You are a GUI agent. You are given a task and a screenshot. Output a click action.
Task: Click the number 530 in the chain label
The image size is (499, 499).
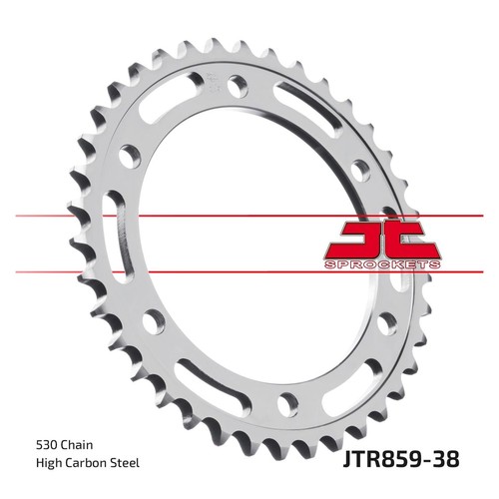point(46,445)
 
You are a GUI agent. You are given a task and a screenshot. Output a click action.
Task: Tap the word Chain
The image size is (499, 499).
point(77,445)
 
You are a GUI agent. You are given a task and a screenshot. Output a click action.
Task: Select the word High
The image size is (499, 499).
point(49,463)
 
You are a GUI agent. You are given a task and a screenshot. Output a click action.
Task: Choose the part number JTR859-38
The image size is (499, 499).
point(401,459)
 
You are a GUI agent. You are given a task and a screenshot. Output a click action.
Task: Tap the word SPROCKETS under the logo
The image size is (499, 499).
point(382,264)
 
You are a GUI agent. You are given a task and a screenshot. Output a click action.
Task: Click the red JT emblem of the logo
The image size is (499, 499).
point(383,240)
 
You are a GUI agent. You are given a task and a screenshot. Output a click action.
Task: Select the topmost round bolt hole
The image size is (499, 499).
point(238,86)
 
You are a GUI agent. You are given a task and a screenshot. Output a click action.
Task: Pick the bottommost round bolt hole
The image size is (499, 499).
point(287,404)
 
